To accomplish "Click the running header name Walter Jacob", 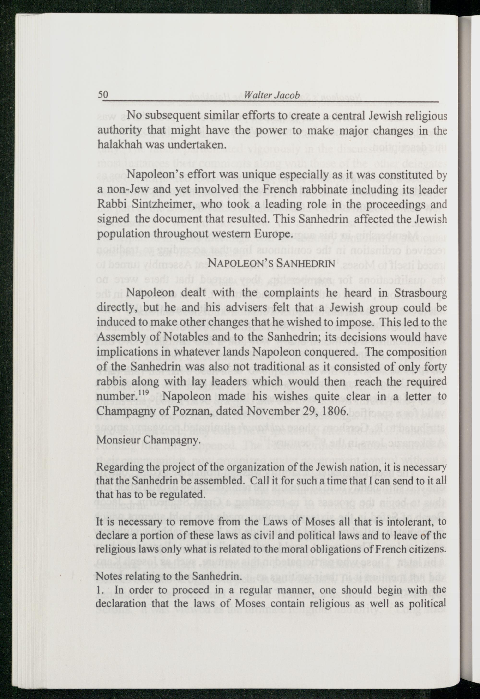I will pyautogui.click(x=272, y=95).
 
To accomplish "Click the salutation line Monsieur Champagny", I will pyautogui.click(x=148, y=441).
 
